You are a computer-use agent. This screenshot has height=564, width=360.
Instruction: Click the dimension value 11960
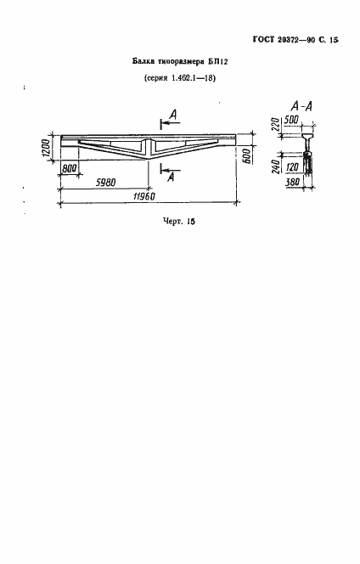[143, 196]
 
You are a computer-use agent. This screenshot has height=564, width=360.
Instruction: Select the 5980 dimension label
[106, 183]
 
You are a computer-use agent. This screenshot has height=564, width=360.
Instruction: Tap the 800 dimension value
[70, 169]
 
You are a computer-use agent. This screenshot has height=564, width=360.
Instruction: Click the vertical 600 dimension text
[247, 155]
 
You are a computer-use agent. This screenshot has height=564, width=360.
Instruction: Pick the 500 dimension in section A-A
[291, 120]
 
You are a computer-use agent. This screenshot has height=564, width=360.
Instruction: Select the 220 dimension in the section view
[276, 125]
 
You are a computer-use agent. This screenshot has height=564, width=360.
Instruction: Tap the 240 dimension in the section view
[276, 165]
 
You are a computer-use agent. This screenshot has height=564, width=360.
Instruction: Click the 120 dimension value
[292, 166]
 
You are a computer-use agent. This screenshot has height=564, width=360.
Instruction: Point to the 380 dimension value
[292, 182]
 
